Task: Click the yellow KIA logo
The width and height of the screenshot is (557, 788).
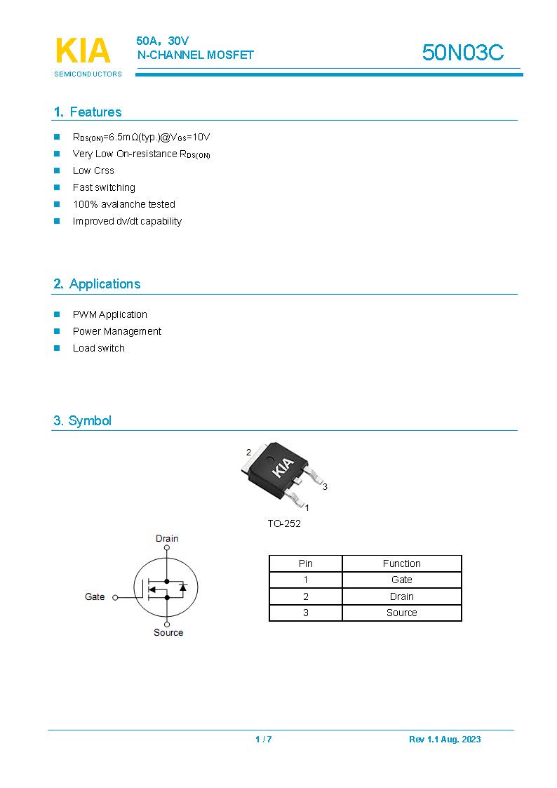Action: click(83, 51)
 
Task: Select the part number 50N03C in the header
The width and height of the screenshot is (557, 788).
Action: click(462, 53)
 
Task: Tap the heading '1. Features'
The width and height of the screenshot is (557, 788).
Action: click(87, 112)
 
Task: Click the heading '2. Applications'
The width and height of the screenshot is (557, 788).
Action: click(97, 284)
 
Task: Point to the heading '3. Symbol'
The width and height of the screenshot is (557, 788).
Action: click(82, 421)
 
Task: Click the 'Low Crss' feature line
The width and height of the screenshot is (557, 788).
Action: click(93, 171)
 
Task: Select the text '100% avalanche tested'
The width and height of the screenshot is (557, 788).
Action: click(124, 204)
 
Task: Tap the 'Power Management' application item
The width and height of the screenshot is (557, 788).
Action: click(117, 331)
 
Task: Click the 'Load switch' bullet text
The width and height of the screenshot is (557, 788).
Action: click(99, 348)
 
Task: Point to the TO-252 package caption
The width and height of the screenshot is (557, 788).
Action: click(284, 523)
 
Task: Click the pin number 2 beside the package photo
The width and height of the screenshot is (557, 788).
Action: click(248, 453)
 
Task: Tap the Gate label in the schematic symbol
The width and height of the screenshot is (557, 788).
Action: click(95, 597)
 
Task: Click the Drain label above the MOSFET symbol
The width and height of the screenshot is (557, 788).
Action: click(167, 539)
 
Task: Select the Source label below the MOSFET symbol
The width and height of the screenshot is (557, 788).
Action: click(168, 633)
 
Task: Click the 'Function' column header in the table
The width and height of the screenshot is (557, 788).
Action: click(401, 563)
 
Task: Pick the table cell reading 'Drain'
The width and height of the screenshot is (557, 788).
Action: click(401, 596)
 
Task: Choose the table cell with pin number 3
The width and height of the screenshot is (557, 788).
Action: click(306, 613)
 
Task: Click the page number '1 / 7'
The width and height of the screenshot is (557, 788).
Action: click(263, 739)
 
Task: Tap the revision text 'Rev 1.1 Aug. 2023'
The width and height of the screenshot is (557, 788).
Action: click(445, 739)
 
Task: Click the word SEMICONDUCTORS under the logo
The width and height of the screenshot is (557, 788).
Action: click(88, 74)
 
